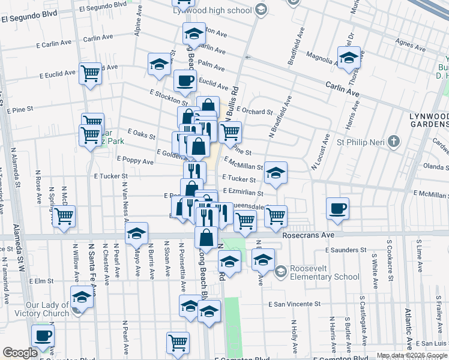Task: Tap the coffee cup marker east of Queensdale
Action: tap(338, 208)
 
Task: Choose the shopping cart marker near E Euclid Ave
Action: tap(90, 74)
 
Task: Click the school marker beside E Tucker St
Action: tap(276, 172)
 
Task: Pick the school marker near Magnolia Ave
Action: tap(348, 58)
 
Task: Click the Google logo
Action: tap(20, 353)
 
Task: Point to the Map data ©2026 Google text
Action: tap(411, 355)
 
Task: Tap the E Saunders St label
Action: tap(346, 250)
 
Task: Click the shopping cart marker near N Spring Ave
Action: tap(64, 215)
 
